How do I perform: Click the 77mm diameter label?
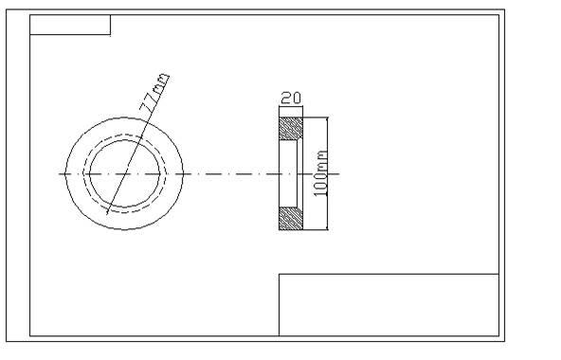(154, 91)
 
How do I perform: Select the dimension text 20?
(291, 98)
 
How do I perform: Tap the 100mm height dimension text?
(320, 173)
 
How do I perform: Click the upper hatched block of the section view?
(291, 129)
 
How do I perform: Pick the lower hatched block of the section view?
(291, 219)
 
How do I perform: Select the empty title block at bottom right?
(389, 305)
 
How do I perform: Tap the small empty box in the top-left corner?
(70, 25)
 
